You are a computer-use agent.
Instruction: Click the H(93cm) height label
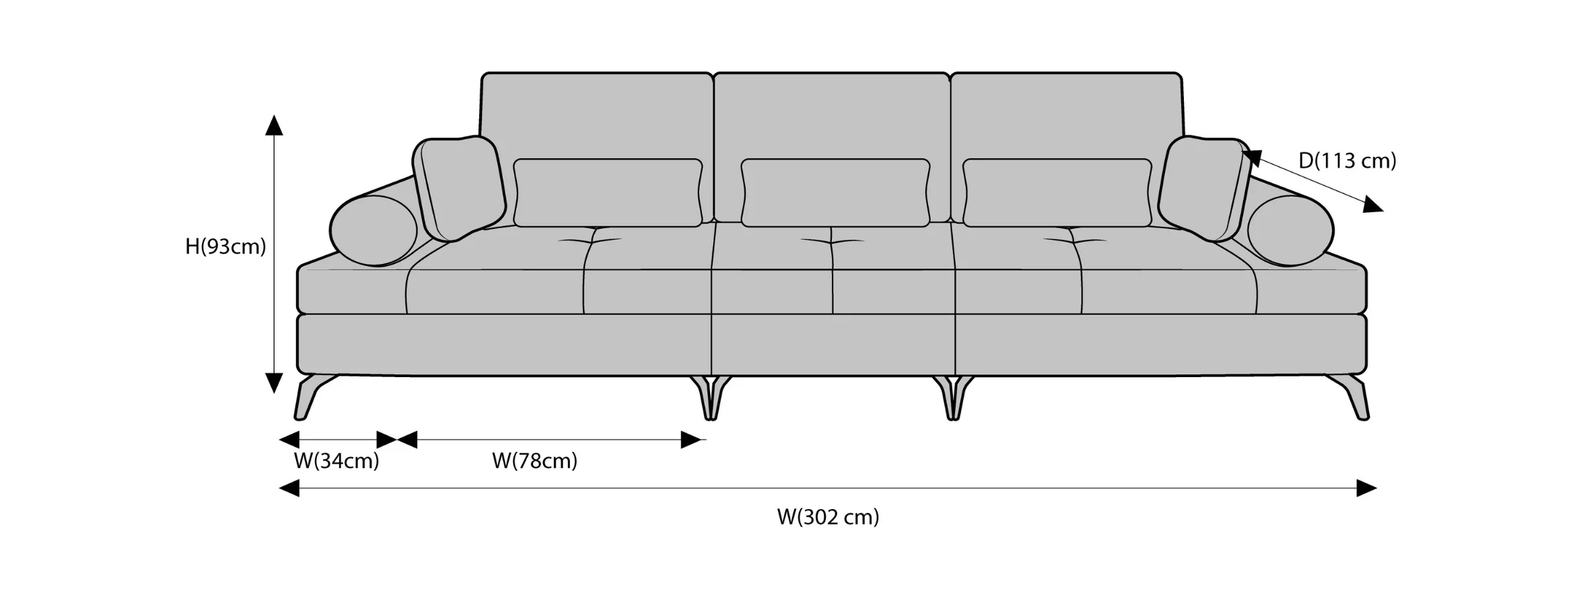[225, 247]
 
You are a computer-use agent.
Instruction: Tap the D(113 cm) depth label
[1347, 161]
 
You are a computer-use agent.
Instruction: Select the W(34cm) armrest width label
[337, 461]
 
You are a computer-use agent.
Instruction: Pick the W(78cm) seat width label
[534, 461]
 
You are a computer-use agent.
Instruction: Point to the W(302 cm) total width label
[828, 517]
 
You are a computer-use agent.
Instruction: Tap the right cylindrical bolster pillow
[1290, 230]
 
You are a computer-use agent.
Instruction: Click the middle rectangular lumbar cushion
[835, 193]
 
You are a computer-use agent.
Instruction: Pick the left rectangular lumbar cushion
[608, 193]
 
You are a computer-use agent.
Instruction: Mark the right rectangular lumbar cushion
[1057, 193]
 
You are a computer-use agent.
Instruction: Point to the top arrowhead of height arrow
[273, 125]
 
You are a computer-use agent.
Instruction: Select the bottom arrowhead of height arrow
[273, 382]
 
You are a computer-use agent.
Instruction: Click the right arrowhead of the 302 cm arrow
[1366, 488]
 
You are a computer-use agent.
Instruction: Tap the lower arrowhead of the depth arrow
[1373, 205]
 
